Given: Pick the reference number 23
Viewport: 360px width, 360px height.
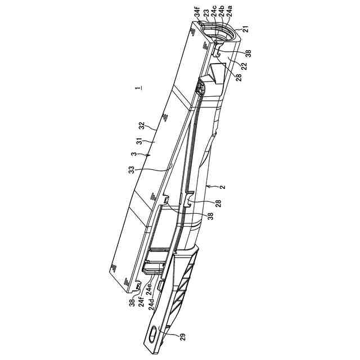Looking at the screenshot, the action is [x=206, y=11].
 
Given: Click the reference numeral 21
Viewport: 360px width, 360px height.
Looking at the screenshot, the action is [x=246, y=28].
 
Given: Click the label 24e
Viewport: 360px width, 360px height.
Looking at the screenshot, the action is [x=150, y=292].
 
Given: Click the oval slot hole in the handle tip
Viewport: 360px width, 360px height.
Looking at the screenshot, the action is [x=152, y=334].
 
